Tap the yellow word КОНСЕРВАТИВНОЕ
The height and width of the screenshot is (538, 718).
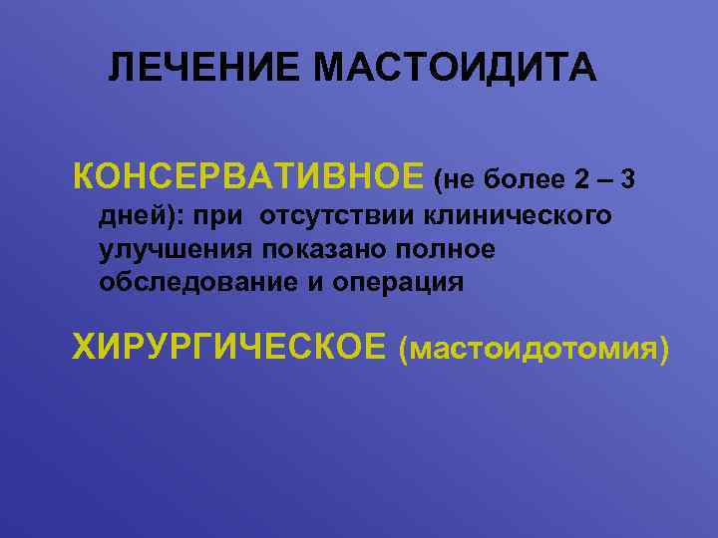coord(248,178)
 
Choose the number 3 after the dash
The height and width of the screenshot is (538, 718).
coord(627,180)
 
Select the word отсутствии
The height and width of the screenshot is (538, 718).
coord(338,214)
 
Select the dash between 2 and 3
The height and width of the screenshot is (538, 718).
coord(604,180)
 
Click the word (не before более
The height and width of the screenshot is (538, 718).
coord(454,180)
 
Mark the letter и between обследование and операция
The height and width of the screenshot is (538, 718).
coord(315,283)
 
